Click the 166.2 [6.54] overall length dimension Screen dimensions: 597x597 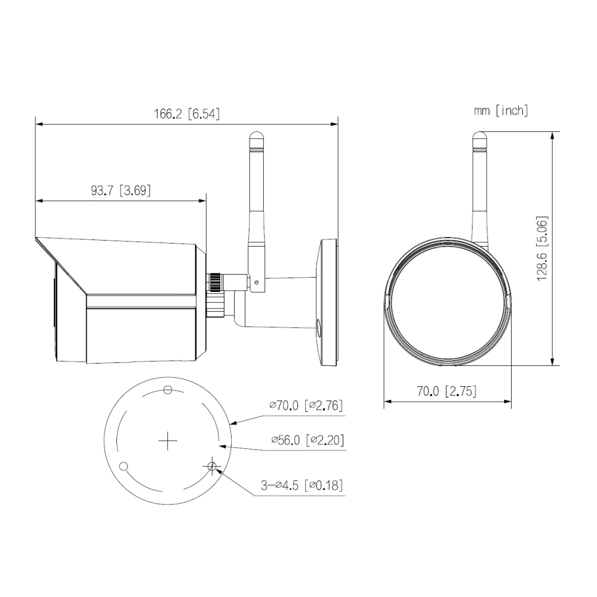click(186, 114)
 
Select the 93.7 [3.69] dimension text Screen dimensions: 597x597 click(121, 190)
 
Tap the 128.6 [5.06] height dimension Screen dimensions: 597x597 click(542, 248)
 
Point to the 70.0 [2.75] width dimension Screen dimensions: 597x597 click(447, 391)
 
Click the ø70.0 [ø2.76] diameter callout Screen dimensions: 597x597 click(306, 405)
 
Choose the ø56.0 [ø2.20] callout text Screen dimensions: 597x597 click(307, 440)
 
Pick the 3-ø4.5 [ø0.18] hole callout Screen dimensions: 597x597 click(301, 485)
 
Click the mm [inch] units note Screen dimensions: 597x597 click(501, 111)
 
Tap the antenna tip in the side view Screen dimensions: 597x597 click(256, 133)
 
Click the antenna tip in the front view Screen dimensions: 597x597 click(479, 133)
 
